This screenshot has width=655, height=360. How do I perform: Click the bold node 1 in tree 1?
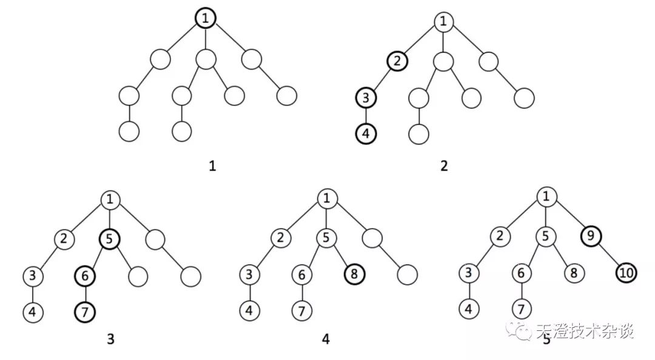206,19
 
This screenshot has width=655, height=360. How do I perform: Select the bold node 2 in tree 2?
397,61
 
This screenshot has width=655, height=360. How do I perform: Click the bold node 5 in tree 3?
109,238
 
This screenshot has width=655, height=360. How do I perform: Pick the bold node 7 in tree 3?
86,313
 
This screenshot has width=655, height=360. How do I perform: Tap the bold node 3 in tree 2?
366,97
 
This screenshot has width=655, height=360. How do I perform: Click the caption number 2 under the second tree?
445,165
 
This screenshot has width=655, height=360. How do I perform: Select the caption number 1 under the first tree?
212,165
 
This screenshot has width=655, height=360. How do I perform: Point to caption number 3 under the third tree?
110,340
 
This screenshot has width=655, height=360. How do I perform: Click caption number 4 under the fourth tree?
326,340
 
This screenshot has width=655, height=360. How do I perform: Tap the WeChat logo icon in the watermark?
520,332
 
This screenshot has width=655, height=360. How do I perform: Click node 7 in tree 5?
521,308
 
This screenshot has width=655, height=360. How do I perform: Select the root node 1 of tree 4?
327,198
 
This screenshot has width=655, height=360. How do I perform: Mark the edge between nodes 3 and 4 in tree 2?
366,115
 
